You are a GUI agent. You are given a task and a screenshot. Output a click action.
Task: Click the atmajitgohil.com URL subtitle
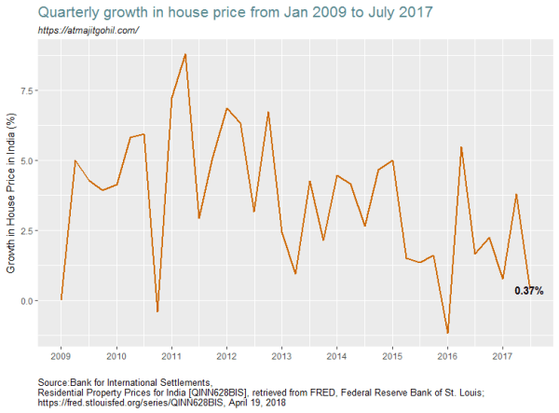point(89,31)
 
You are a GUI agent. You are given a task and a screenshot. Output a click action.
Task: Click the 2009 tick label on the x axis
point(61,356)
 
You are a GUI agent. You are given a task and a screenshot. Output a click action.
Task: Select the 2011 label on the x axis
point(171,356)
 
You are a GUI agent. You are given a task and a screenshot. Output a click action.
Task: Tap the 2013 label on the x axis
point(281,356)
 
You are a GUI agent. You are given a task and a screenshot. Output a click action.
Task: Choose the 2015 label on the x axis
point(392,356)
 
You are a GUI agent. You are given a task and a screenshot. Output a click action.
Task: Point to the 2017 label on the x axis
point(502,356)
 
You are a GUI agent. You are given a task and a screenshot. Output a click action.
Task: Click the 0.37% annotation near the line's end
point(528,291)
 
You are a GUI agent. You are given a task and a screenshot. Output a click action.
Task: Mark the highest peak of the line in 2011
point(185,54)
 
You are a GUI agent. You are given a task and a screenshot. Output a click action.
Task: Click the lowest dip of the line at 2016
point(447,333)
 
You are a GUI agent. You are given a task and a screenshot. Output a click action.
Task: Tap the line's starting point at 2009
point(61,299)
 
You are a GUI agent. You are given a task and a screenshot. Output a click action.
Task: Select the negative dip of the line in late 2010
point(157,311)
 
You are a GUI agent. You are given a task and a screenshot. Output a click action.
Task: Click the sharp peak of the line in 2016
point(461,146)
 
